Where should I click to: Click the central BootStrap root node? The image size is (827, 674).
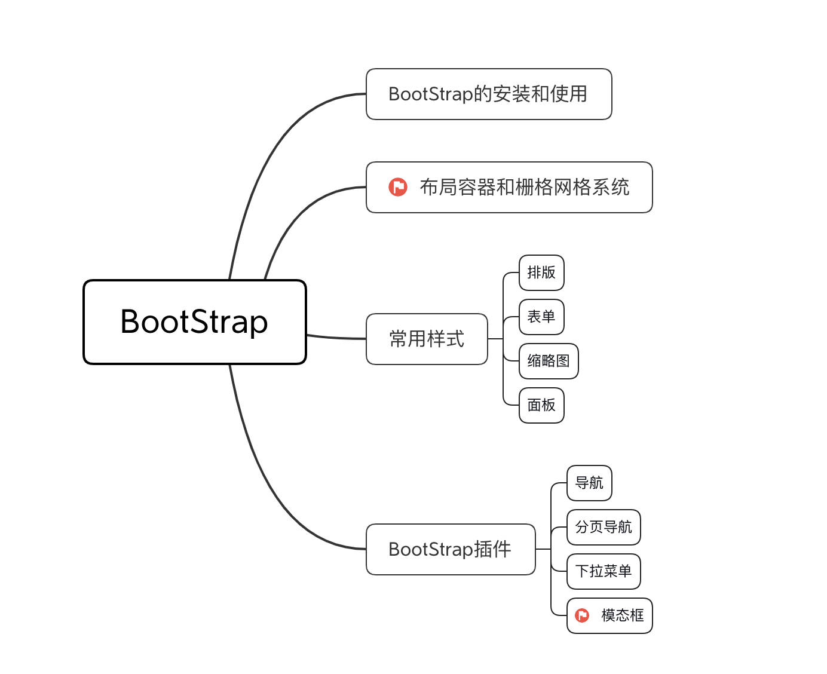pyautogui.click(x=195, y=322)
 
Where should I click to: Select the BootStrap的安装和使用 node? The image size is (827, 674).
pyautogui.click(x=488, y=94)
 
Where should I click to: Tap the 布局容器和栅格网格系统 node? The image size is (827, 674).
pyautogui.click(x=523, y=188)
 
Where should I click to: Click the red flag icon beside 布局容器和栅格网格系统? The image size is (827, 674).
pyautogui.click(x=398, y=188)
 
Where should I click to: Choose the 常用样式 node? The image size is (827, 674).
pyautogui.click(x=427, y=339)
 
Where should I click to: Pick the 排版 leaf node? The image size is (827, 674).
pyautogui.click(x=541, y=273)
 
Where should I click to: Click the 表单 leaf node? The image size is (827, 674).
pyautogui.click(x=541, y=317)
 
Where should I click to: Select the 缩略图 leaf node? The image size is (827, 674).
pyautogui.click(x=549, y=361)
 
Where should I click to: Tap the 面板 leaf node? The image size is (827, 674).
pyautogui.click(x=541, y=405)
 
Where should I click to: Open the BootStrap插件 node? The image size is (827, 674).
pyautogui.click(x=451, y=549)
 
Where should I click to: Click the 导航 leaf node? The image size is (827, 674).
pyautogui.click(x=589, y=483)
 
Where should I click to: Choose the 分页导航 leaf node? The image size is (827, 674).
pyautogui.click(x=604, y=527)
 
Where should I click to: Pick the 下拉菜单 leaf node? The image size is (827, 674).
pyautogui.click(x=604, y=571)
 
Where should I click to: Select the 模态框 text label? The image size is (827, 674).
pyautogui.click(x=623, y=615)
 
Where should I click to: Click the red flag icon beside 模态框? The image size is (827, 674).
pyautogui.click(x=582, y=615)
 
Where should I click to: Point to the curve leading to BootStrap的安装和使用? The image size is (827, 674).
pyautogui.click(x=269, y=155)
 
